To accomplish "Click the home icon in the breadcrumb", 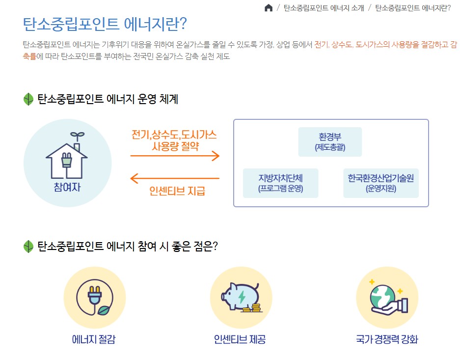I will click(269, 8).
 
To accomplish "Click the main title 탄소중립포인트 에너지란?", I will click(105, 24).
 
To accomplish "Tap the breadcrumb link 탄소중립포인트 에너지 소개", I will click(324, 8).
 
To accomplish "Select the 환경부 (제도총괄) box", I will click(330, 141).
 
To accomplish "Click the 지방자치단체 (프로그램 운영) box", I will click(281, 183).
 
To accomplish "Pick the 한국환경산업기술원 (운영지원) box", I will click(380, 183).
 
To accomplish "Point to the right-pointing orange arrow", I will click(175, 156).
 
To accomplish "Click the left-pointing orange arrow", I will click(175, 178).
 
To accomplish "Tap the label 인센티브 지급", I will click(177, 191).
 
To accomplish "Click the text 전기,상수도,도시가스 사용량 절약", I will click(174, 140).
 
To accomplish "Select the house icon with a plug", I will click(67, 157).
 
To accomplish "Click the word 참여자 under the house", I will click(67, 187).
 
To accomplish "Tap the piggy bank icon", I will click(241, 298).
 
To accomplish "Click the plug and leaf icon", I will click(94, 298).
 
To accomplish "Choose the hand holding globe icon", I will click(387, 298).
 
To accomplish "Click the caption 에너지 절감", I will click(94, 339).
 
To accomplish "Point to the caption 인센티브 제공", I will click(240, 339).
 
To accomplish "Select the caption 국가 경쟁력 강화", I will click(387, 339).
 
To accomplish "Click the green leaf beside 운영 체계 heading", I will click(28, 99).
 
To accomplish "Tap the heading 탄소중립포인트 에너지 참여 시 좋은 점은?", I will click(127, 246).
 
